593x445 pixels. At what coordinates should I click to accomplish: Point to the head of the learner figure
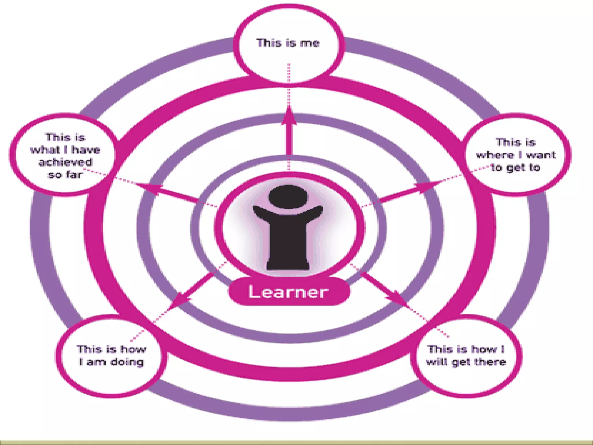[288, 196]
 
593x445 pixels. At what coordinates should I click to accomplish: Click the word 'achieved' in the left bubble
[65, 162]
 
